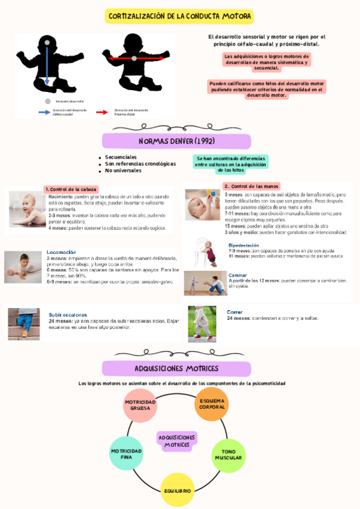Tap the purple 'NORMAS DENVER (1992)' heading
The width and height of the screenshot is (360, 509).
176,141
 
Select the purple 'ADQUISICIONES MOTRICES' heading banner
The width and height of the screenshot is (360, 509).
176,368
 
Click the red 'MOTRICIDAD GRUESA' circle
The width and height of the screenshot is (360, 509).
140,405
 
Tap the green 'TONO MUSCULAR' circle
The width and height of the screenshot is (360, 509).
228,454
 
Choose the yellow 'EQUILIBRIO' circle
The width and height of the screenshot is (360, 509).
177,490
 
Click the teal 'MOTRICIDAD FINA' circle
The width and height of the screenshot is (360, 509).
127,454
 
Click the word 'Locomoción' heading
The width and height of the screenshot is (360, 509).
61,252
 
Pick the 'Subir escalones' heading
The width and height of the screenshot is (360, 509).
68,315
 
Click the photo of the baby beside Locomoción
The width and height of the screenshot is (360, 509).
23,267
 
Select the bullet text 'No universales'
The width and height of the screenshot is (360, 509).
124,170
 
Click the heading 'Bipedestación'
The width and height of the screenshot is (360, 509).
244,245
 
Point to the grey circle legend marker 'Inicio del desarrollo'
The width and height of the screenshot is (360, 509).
48,101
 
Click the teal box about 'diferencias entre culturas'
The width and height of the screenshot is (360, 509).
231,163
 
